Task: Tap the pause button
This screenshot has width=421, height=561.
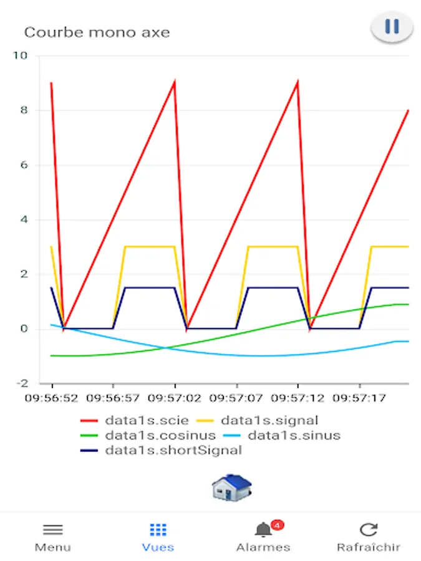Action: click(x=392, y=27)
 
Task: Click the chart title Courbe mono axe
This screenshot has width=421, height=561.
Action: click(x=97, y=32)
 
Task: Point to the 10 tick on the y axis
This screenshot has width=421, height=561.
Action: click(x=21, y=55)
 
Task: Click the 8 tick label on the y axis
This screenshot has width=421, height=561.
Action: click(x=24, y=110)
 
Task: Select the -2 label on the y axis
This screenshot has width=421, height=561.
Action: click(x=22, y=383)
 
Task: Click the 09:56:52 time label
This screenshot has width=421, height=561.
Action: click(x=52, y=396)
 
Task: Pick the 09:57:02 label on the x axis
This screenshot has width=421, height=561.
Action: click(x=175, y=396)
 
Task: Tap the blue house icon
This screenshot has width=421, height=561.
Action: click(x=231, y=487)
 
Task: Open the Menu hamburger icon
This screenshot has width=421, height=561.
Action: click(x=52, y=530)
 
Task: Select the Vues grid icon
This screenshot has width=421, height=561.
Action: click(x=158, y=530)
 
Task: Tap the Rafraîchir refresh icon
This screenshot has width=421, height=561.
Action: click(x=369, y=530)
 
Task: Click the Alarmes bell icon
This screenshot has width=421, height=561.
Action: click(x=263, y=530)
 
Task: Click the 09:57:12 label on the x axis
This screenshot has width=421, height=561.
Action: click(x=298, y=396)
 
